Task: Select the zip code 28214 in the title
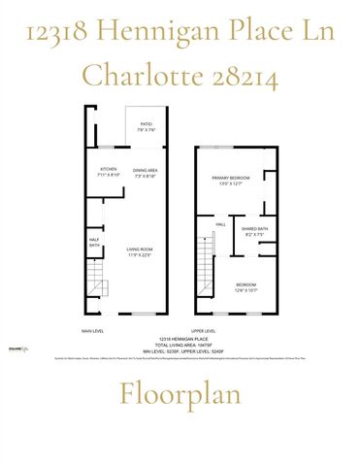coord(244,75)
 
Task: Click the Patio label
coord(147,125)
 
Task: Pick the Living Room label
coord(140,253)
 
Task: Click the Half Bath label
coord(93,244)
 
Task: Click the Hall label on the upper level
coord(220,224)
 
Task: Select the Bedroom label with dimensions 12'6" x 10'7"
coord(245,287)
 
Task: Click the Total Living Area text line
coord(180,342)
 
